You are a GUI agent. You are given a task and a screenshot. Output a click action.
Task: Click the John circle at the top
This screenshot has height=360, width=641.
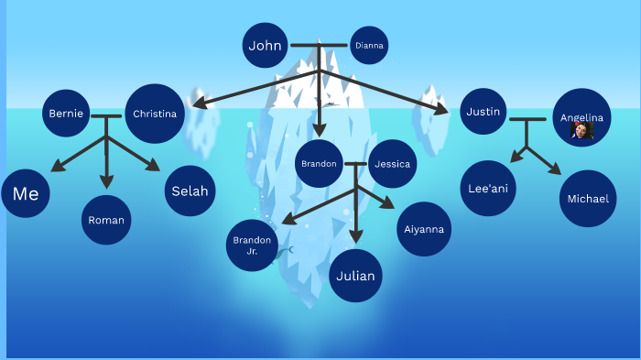click(x=266, y=45)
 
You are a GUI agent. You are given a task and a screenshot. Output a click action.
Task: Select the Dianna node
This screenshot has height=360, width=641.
click(x=369, y=45)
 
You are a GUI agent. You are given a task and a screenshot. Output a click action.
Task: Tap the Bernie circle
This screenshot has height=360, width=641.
click(x=66, y=114)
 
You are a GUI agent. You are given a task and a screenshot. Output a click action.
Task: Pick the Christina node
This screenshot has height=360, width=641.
click(x=155, y=114)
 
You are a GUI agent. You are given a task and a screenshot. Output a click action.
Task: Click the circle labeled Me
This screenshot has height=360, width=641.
click(x=26, y=193)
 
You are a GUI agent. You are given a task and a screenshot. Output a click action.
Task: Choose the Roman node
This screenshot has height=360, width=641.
click(x=106, y=220)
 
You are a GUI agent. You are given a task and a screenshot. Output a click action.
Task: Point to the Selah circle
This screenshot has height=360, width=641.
click(x=190, y=191)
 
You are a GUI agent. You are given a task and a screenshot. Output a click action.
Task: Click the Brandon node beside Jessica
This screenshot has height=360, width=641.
click(x=319, y=165)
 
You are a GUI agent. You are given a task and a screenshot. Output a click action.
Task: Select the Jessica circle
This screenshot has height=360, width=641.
click(x=393, y=166)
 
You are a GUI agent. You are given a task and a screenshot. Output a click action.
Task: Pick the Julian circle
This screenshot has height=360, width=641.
click(x=355, y=275)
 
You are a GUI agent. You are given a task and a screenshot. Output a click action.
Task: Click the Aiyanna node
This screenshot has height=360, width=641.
click(x=423, y=228)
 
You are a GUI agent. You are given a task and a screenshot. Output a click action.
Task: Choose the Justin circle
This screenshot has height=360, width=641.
click(x=483, y=113)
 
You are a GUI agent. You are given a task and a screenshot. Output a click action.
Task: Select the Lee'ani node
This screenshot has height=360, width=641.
click(x=487, y=188)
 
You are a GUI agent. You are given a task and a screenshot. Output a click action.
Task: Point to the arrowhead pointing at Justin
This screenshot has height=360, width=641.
click(x=442, y=111)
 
